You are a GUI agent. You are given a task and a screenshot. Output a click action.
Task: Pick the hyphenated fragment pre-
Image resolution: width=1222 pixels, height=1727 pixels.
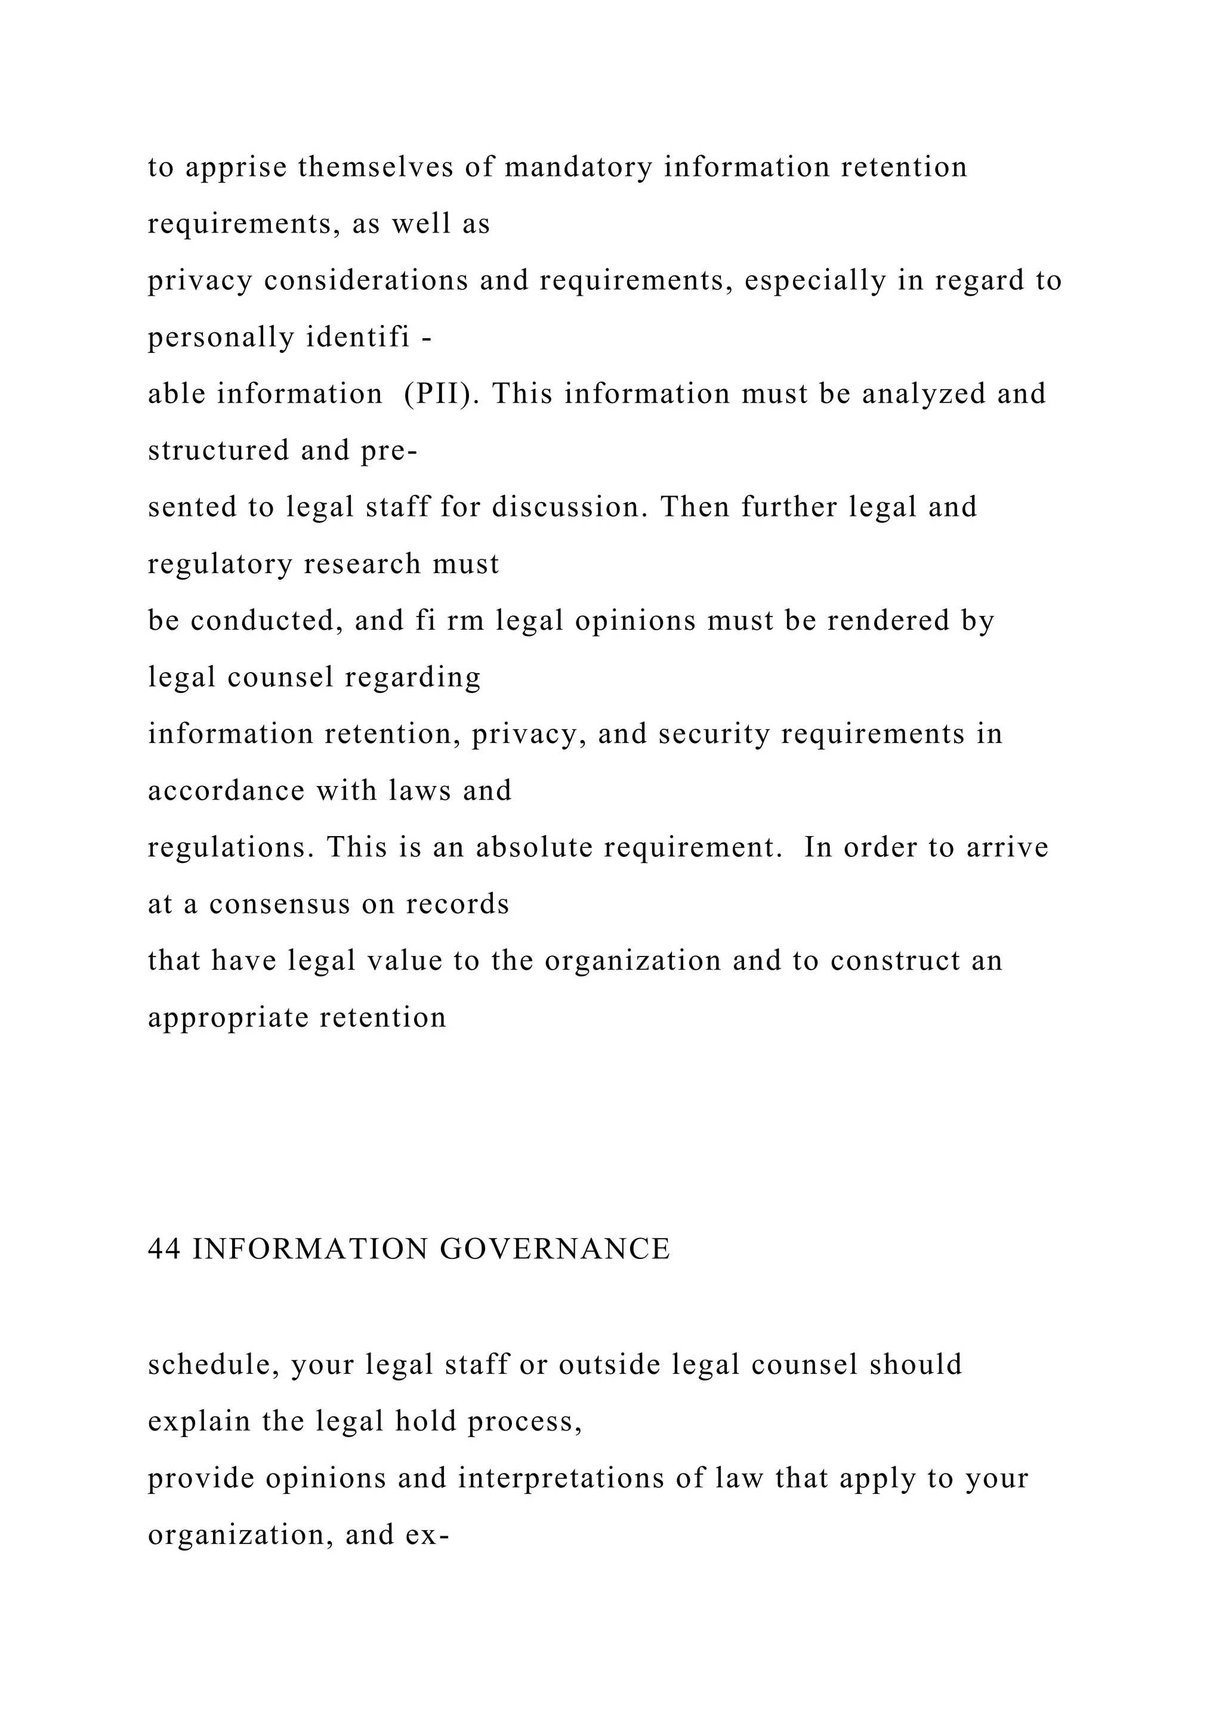389,451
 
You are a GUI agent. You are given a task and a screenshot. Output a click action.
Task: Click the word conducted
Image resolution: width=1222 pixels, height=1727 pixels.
263,621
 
